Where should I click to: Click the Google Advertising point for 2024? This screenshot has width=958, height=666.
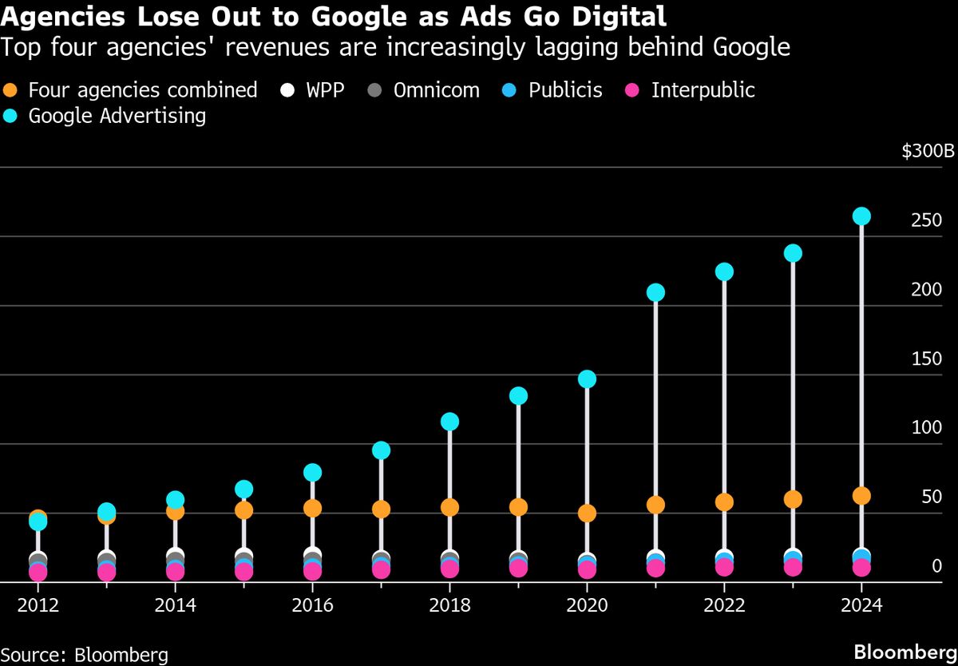(861, 216)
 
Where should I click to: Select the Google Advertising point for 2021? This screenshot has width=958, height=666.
(655, 292)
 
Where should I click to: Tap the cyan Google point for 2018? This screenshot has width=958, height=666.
(449, 422)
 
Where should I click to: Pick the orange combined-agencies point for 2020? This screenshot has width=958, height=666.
(587, 513)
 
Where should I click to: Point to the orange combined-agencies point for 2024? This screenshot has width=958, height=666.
(861, 496)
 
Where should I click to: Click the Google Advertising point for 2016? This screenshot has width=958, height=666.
(312, 473)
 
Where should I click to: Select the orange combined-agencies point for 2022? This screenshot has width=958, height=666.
(724, 501)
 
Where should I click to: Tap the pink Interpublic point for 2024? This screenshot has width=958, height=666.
(861, 568)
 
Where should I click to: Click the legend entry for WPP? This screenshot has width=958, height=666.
(315, 89)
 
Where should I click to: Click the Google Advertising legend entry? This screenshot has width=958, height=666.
(105, 116)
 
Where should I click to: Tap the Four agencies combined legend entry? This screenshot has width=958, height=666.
(131, 89)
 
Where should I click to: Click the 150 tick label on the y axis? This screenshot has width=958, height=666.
(926, 359)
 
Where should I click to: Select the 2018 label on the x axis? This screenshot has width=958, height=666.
(449, 605)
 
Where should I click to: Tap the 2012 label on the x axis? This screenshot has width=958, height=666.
(38, 605)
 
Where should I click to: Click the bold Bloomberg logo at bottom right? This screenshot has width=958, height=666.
(905, 652)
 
